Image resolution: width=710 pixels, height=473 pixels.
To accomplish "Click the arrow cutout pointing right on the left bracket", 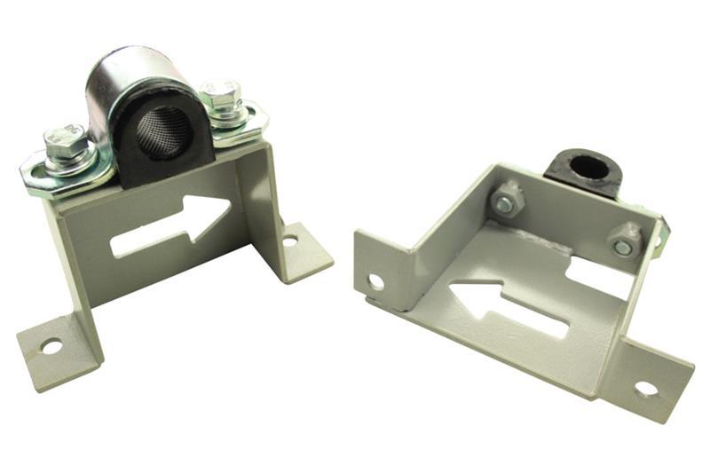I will point(173,227).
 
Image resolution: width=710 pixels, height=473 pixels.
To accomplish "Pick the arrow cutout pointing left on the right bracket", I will point(506,306).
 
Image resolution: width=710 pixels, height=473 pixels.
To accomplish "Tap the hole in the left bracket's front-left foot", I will point(51,347).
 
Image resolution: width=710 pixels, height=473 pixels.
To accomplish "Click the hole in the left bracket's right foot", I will point(290,240).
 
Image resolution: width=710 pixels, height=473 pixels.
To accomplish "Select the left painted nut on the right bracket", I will point(507,201).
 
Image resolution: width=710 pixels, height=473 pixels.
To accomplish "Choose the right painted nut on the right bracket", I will point(624,242).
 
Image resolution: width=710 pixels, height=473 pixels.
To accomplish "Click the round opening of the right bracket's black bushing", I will point(589,168).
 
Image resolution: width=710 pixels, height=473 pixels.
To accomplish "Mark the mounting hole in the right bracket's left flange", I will point(375,282).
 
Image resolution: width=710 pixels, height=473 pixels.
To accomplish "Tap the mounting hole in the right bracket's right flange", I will point(645,388).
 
